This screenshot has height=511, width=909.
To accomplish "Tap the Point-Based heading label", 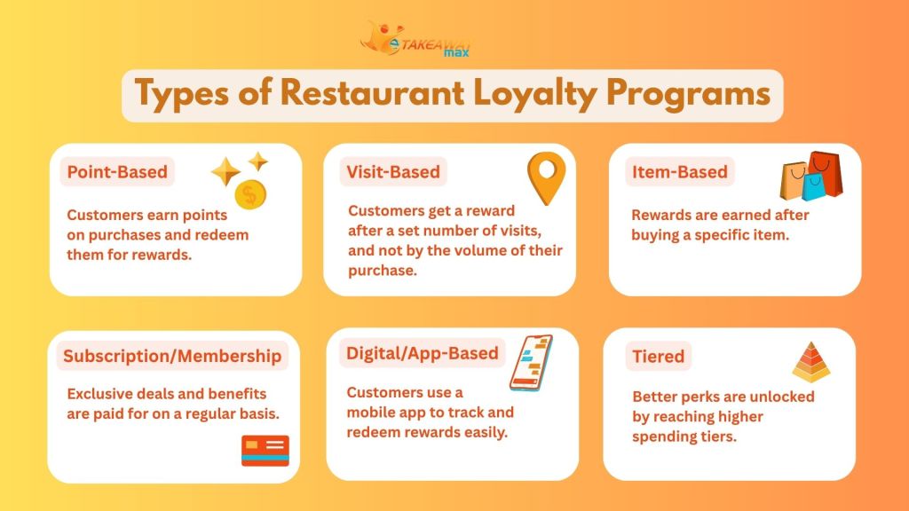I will coord(117,171).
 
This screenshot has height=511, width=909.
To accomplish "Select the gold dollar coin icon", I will coord(250,195).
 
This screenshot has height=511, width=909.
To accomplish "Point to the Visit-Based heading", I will coord(392,171).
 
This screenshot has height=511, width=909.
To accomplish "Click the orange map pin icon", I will coord(545,177).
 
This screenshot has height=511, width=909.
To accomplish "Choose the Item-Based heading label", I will coord(679,171).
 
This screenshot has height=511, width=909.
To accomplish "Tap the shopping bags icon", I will coord(810,177).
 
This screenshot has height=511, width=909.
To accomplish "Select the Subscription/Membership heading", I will coord(171,356).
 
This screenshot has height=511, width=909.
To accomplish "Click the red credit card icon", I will coord(265,451).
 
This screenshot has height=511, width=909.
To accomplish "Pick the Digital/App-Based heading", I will coord(422,352).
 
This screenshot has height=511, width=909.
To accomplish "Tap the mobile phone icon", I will coord(530,362).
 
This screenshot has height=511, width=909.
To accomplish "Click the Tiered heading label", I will coord(658,356).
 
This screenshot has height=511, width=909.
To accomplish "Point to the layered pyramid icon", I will coord(810,361).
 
